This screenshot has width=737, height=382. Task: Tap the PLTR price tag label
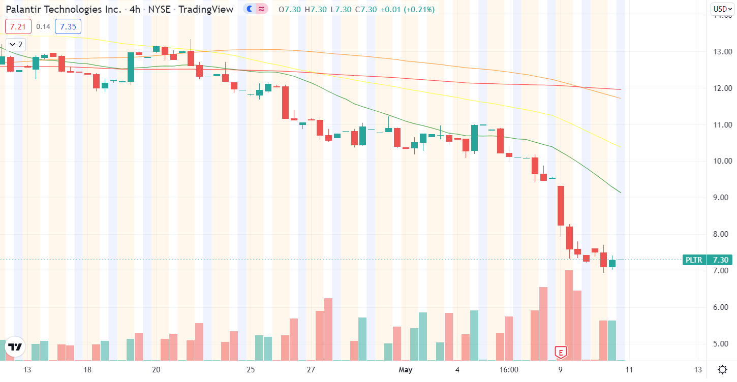tap(694, 260)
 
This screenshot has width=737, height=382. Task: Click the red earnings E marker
tap(561, 352)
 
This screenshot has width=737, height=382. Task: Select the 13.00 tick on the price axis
tap(722, 52)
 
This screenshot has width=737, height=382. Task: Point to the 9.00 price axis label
tap(722, 198)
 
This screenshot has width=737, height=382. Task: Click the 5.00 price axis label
tap(722, 344)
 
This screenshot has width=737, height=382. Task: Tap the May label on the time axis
tap(405, 369)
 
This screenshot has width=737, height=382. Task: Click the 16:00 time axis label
tap(509, 369)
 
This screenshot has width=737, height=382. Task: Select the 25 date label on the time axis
tap(250, 369)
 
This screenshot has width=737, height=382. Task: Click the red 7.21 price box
tap(18, 26)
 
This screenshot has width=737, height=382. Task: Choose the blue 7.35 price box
tap(68, 26)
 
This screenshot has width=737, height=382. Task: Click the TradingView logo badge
tap(16, 347)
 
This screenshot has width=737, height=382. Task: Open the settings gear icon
tap(722, 369)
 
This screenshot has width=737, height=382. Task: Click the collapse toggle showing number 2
tap(17, 44)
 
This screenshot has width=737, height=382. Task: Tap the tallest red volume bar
tap(569, 315)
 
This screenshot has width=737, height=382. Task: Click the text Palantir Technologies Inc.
tap(64, 9)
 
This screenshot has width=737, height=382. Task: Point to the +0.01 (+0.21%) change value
tap(406, 9)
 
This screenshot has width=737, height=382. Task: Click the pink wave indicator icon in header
tap(262, 9)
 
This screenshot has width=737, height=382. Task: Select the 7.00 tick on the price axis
tap(722, 271)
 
